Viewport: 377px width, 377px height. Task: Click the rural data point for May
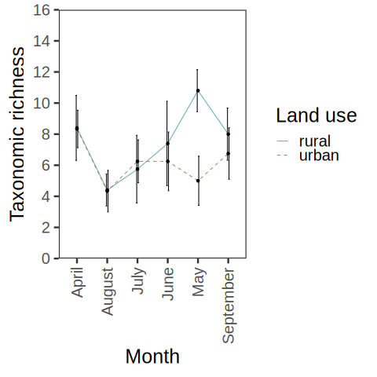pyautogui.click(x=198, y=90)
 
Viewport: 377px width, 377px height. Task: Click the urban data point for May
pyautogui.click(x=198, y=181)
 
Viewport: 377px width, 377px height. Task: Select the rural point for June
pyautogui.click(x=167, y=143)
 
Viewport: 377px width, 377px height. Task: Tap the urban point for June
pyautogui.click(x=167, y=161)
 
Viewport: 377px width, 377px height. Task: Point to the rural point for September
pyautogui.click(x=229, y=134)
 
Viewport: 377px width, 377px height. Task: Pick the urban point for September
pyautogui.click(x=229, y=153)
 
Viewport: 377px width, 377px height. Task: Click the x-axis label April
pyautogui.click(x=77, y=282)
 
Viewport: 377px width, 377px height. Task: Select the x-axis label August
pyautogui.click(x=108, y=291)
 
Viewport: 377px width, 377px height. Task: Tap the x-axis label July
pyautogui.click(x=138, y=280)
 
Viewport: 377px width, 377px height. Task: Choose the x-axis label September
pyautogui.click(x=229, y=306)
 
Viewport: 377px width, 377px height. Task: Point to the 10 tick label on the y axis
pyautogui.click(x=42, y=104)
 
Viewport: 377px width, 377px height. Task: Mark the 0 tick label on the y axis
pyautogui.click(x=46, y=258)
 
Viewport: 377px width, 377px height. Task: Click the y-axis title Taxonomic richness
pyautogui.click(x=16, y=134)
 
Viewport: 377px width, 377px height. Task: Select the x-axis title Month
pyautogui.click(x=152, y=357)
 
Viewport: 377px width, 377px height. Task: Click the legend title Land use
pyautogui.click(x=317, y=115)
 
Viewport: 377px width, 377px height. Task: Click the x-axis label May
pyautogui.click(x=199, y=282)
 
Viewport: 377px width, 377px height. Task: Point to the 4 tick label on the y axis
pyautogui.click(x=46, y=196)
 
